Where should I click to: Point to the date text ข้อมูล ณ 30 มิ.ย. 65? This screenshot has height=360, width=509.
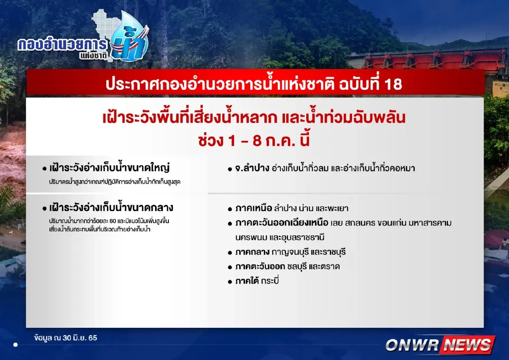[x=66, y=338]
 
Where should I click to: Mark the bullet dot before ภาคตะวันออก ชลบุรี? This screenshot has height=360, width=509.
[x=229, y=267]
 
